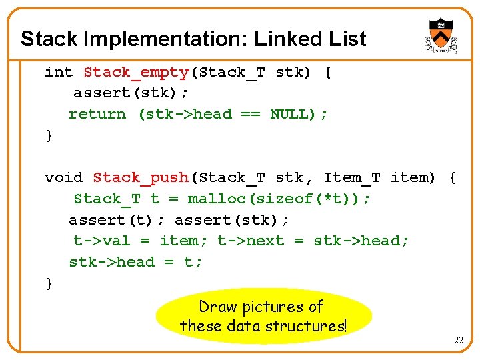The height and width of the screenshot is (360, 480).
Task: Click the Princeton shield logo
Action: click(439, 35)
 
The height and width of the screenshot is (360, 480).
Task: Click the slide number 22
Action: click(459, 341)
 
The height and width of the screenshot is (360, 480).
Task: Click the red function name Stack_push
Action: click(141, 177)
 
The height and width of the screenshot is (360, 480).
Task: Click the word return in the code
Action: click(97, 114)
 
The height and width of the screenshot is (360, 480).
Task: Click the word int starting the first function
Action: click(59, 72)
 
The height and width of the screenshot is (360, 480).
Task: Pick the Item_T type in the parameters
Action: click(352, 177)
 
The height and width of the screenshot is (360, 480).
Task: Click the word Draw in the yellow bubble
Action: click(217, 307)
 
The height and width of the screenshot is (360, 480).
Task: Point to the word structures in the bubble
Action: click(306, 326)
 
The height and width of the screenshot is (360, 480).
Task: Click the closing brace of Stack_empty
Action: click(49, 135)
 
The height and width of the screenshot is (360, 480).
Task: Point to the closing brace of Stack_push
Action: click(49, 283)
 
